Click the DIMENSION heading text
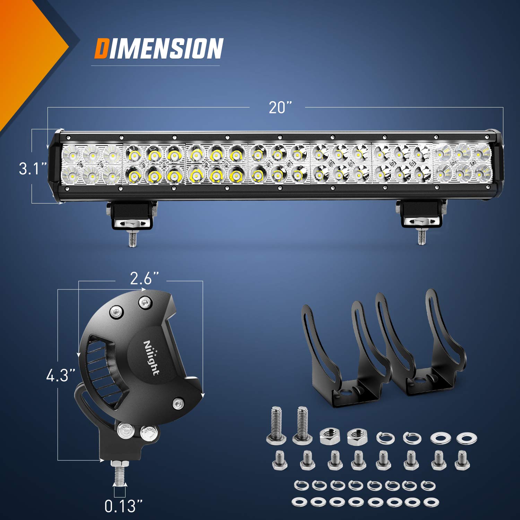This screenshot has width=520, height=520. tap(159, 49)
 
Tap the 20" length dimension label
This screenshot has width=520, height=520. tap(280, 107)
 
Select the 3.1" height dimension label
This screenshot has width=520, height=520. tap(32, 169)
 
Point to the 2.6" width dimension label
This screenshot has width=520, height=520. tap(144, 278)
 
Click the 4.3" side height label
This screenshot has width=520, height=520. tap(61, 376)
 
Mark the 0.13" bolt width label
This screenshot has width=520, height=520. tap(123, 506)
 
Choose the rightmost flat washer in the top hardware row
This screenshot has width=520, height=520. tap(465, 439)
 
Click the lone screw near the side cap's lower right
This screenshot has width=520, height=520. tap(178, 403)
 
